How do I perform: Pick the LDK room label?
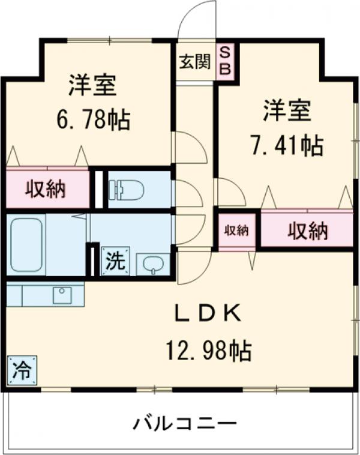pyautogui.click(x=208, y=313)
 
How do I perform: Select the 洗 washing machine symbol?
pyautogui.click(x=115, y=261)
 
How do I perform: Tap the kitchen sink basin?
pyautogui.click(x=62, y=294)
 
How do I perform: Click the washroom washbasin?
pyautogui.click(x=154, y=264)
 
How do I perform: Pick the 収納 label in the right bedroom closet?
pyautogui.click(x=307, y=230)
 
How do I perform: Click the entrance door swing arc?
pyautogui.click(x=197, y=18)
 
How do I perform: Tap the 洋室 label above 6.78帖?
pyautogui.click(x=91, y=86)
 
